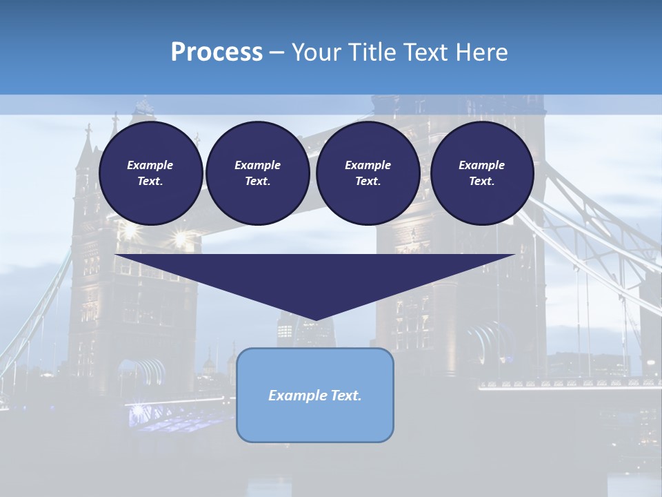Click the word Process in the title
pyautogui.click(x=217, y=52)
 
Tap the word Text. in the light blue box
pyautogui.click(x=347, y=396)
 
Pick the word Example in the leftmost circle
pyautogui.click(x=150, y=165)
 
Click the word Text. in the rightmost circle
pyautogui.click(x=481, y=181)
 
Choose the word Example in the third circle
pyautogui.click(x=368, y=165)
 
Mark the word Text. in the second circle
pyautogui.click(x=257, y=181)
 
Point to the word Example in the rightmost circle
pyautogui.click(x=481, y=165)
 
